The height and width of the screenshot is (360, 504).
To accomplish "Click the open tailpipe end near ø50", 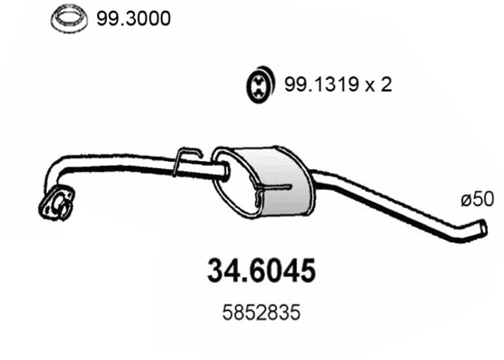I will click(481, 229).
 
